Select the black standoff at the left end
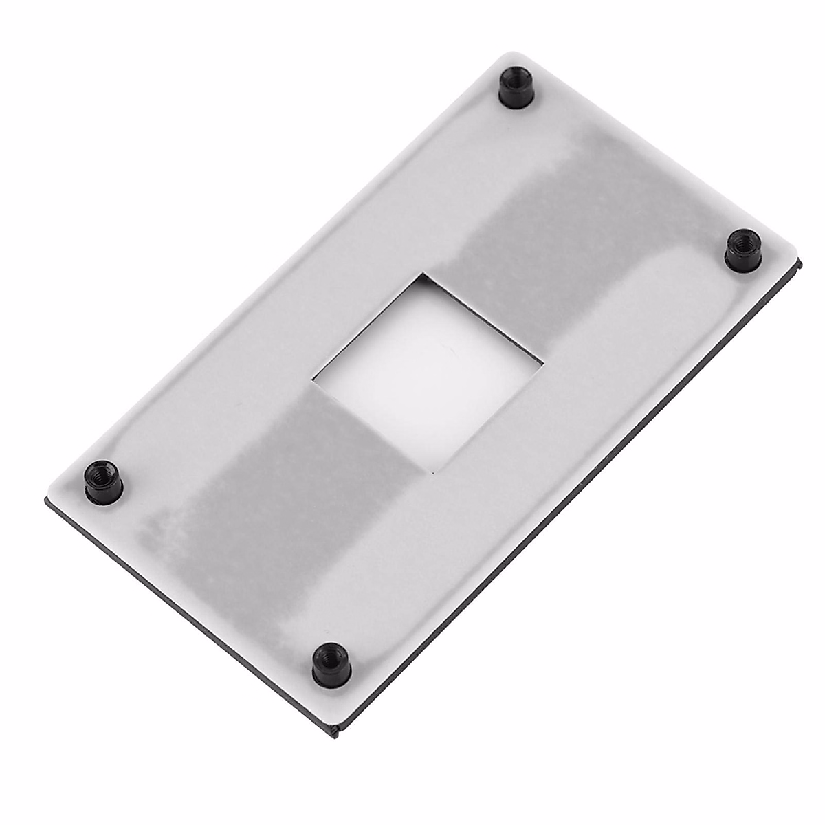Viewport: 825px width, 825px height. coord(103,478)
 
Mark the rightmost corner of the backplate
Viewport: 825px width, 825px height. coord(802,261)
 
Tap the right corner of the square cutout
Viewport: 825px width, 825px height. coord(543,360)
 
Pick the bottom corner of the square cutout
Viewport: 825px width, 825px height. coord(434,474)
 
